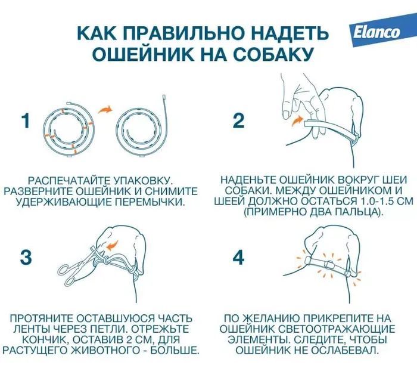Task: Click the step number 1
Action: [x=25, y=121]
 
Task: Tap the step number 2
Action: [x=238, y=121]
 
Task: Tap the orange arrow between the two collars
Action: [x=105, y=109]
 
